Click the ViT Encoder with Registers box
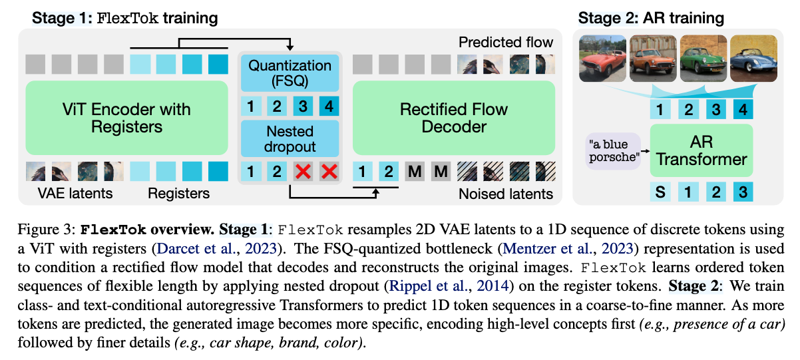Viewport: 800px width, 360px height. [x=126, y=118]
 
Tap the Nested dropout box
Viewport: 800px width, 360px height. [x=290, y=138]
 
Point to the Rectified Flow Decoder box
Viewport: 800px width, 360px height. [x=453, y=118]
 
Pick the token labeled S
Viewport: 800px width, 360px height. [x=660, y=192]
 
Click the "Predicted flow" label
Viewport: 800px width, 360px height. [x=506, y=43]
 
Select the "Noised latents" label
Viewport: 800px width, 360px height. [x=506, y=194]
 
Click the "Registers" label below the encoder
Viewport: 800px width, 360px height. [x=178, y=194]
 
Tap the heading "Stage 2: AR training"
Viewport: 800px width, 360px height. [x=650, y=18]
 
